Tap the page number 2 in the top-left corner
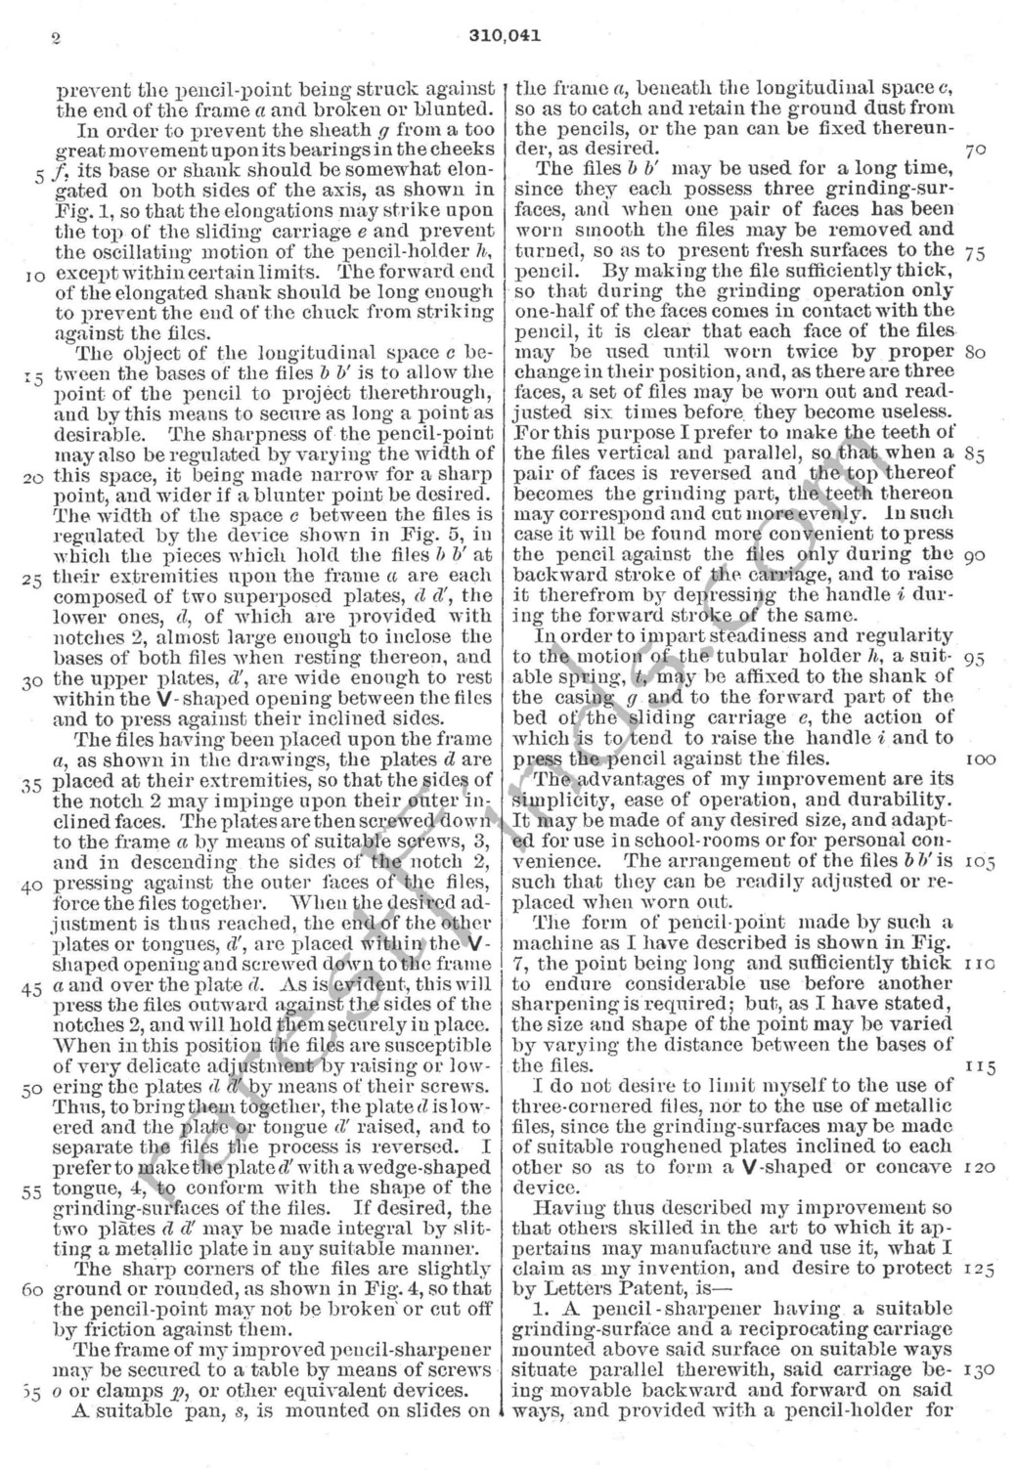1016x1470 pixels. coord(57,38)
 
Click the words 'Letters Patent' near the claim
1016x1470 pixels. coord(620,1289)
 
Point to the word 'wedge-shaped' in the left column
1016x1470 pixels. coord(428,1167)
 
